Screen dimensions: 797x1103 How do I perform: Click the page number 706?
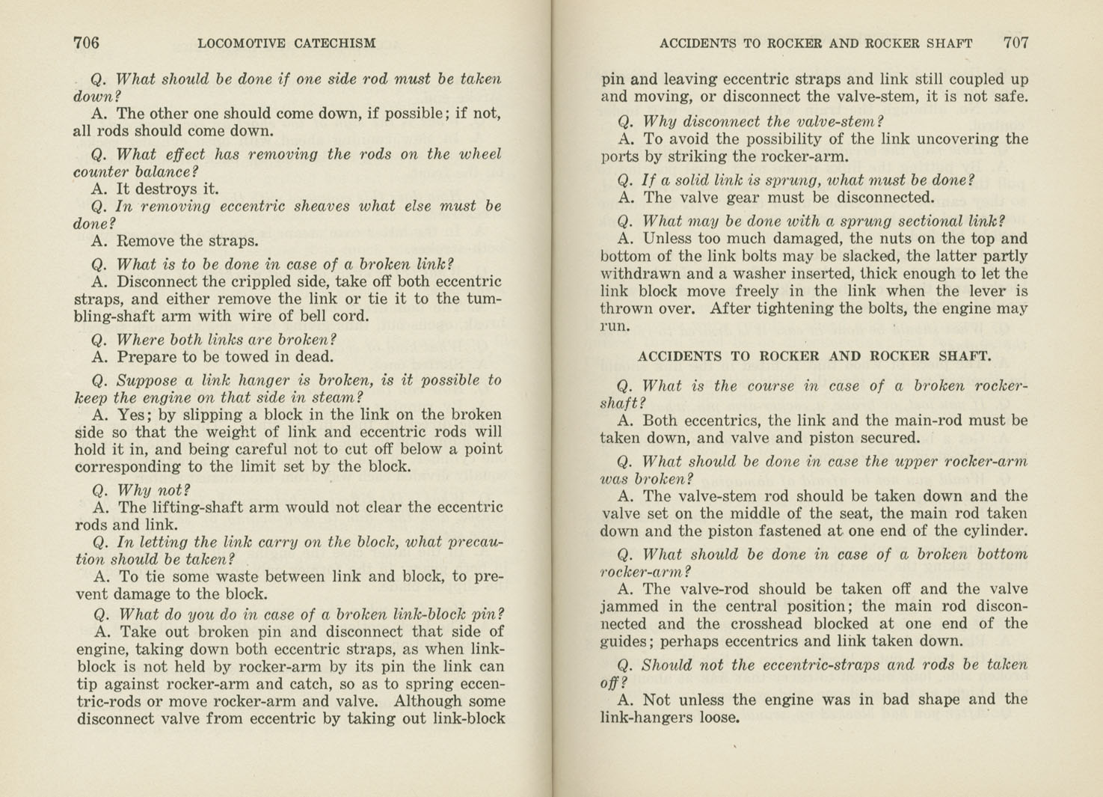pyautogui.click(x=86, y=43)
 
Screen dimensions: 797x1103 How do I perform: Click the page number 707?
pyautogui.click(x=1016, y=43)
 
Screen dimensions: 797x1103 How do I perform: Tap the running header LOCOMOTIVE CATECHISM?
pyautogui.click(x=286, y=43)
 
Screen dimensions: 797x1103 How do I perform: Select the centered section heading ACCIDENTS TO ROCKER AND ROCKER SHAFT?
pyautogui.click(x=814, y=357)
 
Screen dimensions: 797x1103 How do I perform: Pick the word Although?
pyautogui.click(x=430, y=702)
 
